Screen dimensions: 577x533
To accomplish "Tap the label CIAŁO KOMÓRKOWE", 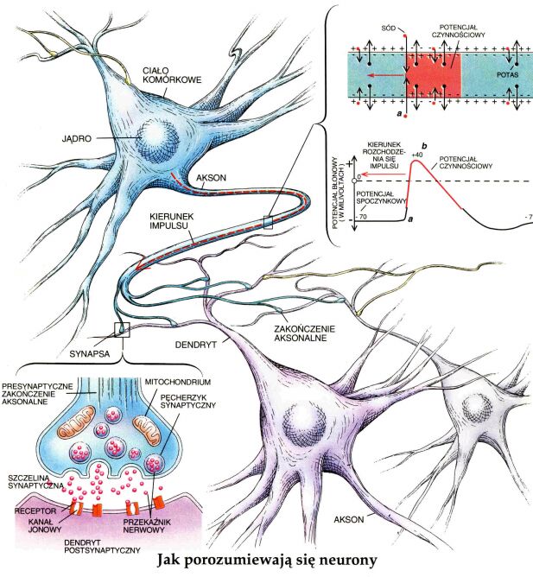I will click(173, 72).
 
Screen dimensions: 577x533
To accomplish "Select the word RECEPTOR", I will click(29, 510).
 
